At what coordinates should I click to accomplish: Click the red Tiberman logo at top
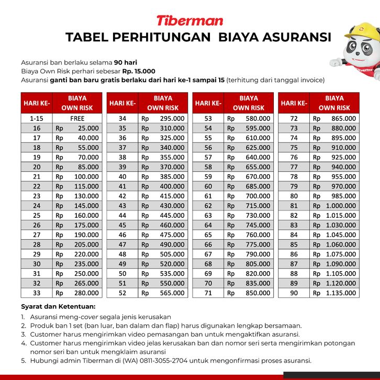(189, 20)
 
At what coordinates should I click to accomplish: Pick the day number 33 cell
(37, 293)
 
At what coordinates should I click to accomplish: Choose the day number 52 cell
(122, 293)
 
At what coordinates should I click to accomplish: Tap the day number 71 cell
(208, 293)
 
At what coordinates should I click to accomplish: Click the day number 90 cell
(294, 293)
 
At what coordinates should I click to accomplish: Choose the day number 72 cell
(294, 118)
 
